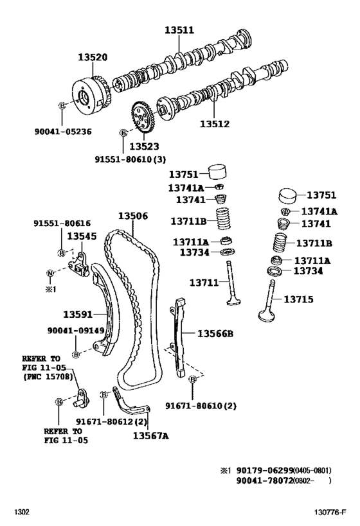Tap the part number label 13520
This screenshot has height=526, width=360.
(x=92, y=57)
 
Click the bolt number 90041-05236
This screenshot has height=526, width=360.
(x=62, y=131)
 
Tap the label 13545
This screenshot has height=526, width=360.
(x=82, y=236)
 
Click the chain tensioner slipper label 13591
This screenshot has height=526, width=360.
(x=78, y=314)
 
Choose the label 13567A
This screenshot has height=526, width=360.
(x=150, y=436)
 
